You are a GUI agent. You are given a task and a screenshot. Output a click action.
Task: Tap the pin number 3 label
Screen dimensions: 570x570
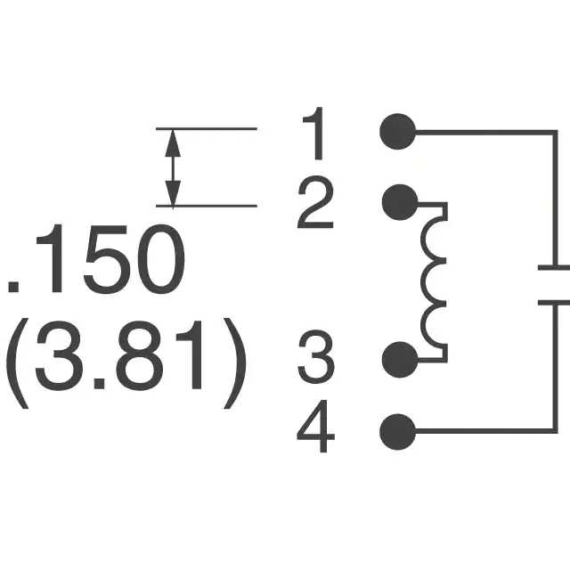315,360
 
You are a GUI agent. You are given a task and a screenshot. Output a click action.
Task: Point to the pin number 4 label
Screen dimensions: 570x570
315,432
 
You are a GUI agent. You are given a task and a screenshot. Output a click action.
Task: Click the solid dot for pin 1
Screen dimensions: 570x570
397,132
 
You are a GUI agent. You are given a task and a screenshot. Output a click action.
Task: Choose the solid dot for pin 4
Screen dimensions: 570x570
397,432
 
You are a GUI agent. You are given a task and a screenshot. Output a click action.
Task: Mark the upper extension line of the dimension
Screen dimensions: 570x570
207,129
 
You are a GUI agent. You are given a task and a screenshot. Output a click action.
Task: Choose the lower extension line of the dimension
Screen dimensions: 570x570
207,207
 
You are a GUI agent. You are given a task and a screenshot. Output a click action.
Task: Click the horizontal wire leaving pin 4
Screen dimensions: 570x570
481,432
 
